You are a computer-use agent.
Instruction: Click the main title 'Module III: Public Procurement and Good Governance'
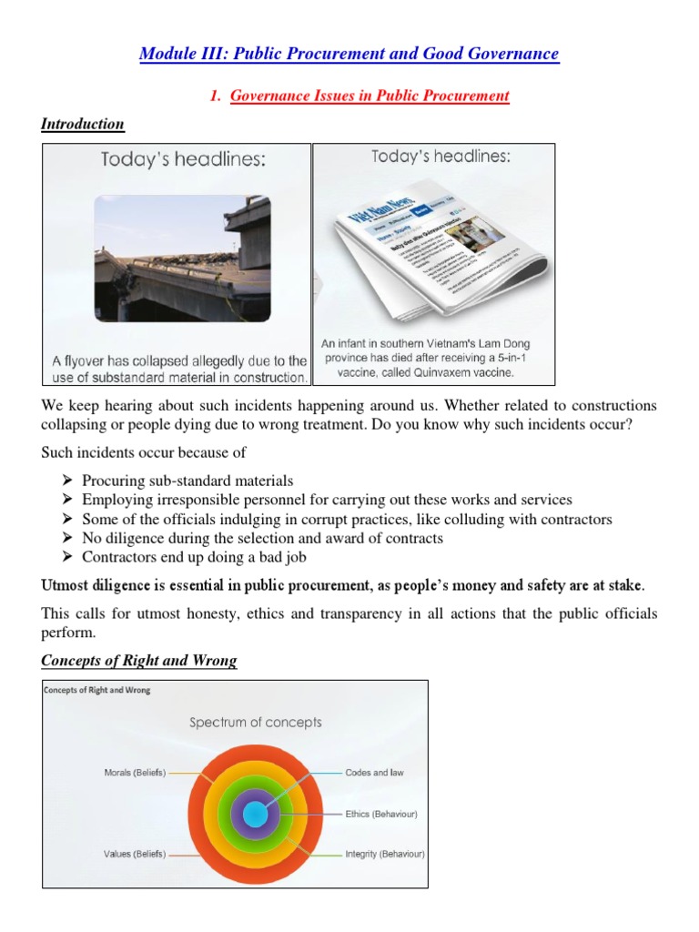click(349, 54)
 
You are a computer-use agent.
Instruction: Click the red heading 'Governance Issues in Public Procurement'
click(370, 96)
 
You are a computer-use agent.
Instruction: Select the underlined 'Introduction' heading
click(83, 124)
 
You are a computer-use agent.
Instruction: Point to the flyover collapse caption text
click(177, 369)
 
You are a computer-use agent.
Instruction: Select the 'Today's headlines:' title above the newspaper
click(441, 157)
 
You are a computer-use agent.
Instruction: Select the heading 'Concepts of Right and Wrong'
click(139, 662)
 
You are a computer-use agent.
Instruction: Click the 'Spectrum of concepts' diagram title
click(255, 723)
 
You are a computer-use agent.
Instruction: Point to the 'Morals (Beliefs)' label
click(135, 773)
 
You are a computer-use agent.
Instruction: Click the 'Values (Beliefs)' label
click(135, 855)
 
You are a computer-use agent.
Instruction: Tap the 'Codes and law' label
click(374, 773)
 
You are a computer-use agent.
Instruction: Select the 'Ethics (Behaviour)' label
click(380, 814)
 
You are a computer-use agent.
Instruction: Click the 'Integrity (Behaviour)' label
click(384, 855)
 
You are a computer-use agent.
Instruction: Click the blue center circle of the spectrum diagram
click(255, 814)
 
